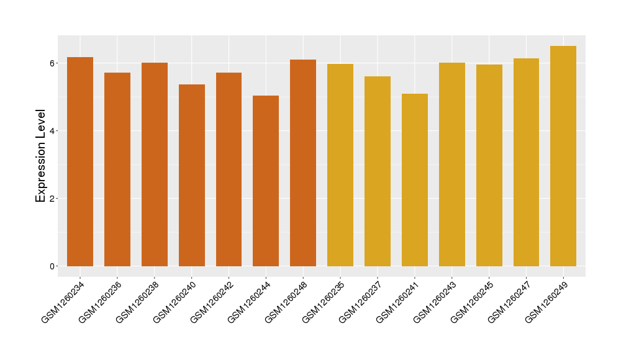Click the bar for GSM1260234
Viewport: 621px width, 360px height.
pyautogui.click(x=80, y=161)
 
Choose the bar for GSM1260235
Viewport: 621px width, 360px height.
pyautogui.click(x=340, y=165)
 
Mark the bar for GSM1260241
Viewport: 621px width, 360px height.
pyautogui.click(x=415, y=180)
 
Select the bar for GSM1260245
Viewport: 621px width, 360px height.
pyautogui.click(x=489, y=165)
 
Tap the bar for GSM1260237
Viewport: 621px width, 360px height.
pyautogui.click(x=378, y=171)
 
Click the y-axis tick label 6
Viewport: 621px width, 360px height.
pyautogui.click(x=53, y=63)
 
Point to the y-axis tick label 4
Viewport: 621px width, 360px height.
pyautogui.click(x=53, y=131)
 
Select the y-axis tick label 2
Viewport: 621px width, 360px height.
pyautogui.click(x=53, y=199)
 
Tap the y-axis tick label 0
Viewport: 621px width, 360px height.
pyautogui.click(x=53, y=266)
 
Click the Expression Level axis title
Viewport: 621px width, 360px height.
pyautogui.click(x=41, y=156)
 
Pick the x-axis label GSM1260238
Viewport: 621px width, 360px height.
pyautogui.click(x=137, y=302)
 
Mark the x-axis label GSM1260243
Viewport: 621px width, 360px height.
pyautogui.click(x=434, y=302)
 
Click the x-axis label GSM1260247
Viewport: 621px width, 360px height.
pyautogui.click(x=509, y=302)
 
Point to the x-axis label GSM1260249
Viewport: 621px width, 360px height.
pyautogui.click(x=546, y=302)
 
